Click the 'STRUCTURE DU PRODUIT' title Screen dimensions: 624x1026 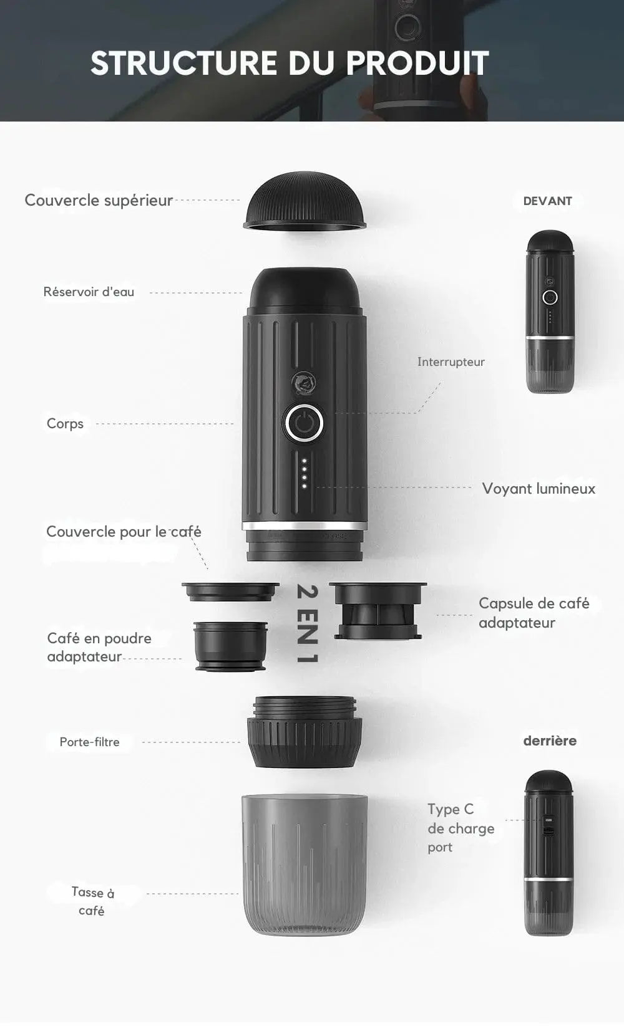pyautogui.click(x=290, y=63)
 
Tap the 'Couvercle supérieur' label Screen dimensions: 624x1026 pyautogui.click(x=99, y=201)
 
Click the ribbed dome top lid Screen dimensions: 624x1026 pyautogui.click(x=305, y=201)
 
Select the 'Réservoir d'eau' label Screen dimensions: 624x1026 pyautogui.click(x=89, y=292)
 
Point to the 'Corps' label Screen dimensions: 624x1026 pyautogui.click(x=65, y=424)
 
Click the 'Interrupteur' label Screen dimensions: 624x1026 pyautogui.click(x=451, y=362)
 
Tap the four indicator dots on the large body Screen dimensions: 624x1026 pyautogui.click(x=304, y=472)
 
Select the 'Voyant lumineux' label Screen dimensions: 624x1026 pyautogui.click(x=539, y=489)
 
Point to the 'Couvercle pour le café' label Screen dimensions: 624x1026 pyautogui.click(x=124, y=532)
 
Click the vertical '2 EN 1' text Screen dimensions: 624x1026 pyautogui.click(x=307, y=623)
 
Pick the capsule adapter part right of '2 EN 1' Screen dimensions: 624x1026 pyautogui.click(x=378, y=611)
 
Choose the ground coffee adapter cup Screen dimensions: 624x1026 pyautogui.click(x=231, y=646)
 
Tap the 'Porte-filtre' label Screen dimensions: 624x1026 pyautogui.click(x=89, y=742)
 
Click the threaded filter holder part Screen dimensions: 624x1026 pyautogui.click(x=305, y=732)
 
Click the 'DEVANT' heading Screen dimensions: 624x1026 pyautogui.click(x=547, y=201)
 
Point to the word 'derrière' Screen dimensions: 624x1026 pyautogui.click(x=550, y=741)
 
